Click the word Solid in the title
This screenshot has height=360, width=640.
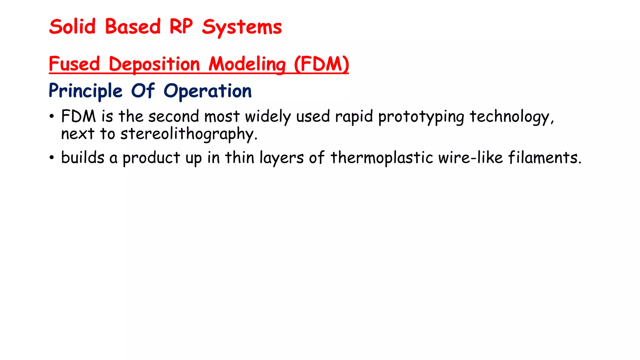pyautogui.click(x=72, y=27)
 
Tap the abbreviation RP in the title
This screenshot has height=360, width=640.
pyautogui.click(x=181, y=27)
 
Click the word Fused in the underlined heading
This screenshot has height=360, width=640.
pyautogui.click(x=74, y=64)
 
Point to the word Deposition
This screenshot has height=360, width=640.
pyautogui.click(x=154, y=65)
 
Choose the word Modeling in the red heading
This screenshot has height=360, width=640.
pyautogui.click(x=247, y=65)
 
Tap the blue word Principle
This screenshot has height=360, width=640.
pyautogui.click(x=85, y=91)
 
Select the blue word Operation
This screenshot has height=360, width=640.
pyautogui.click(x=207, y=91)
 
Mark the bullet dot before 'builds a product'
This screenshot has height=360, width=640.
pyautogui.click(x=52, y=158)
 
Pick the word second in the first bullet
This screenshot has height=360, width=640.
pyautogui.click(x=173, y=117)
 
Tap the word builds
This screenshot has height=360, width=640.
pyautogui.click(x=82, y=157)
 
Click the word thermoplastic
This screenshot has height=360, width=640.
pyautogui.click(x=382, y=158)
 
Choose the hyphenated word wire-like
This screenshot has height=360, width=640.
pyautogui.click(x=470, y=157)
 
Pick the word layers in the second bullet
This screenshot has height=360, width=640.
pyautogui.click(x=281, y=158)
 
